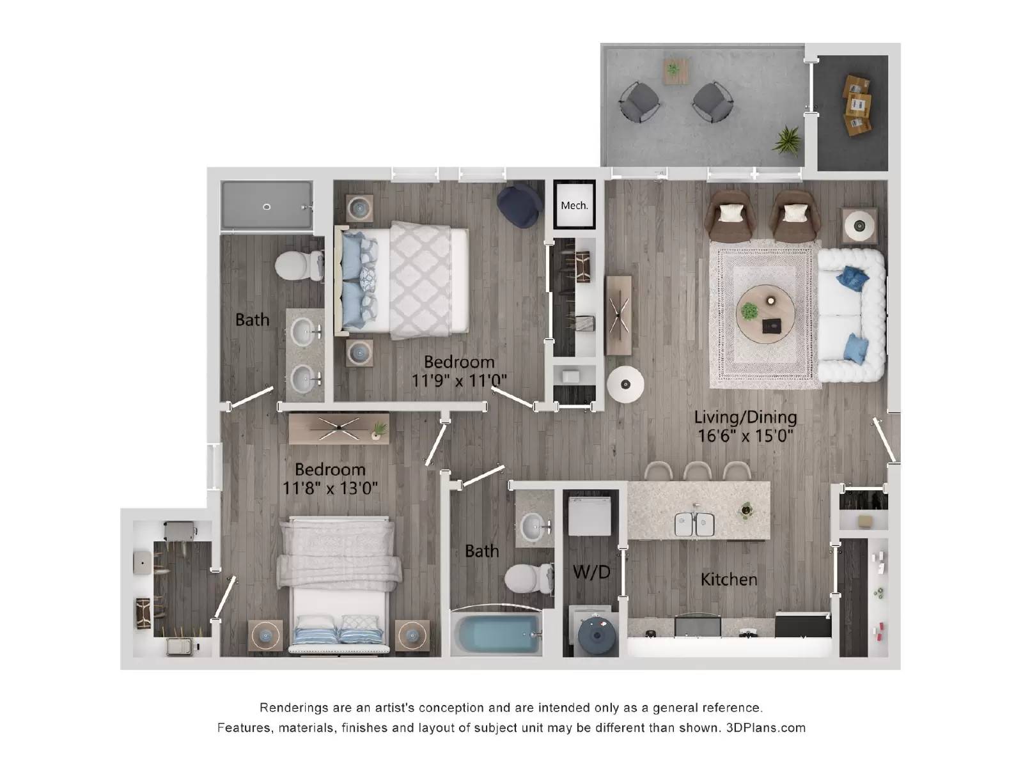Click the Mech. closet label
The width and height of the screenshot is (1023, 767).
pos(574,205)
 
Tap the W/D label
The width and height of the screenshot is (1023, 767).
pos(591,571)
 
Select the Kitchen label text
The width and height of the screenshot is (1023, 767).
pos(728,579)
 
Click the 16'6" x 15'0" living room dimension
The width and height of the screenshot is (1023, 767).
pos(746,437)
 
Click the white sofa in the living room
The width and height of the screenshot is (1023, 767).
pos(851,315)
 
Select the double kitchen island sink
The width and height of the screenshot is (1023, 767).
pos(694,523)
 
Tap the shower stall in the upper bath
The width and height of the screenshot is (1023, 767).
pos(267,206)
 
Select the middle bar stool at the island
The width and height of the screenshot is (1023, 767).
pos(697,471)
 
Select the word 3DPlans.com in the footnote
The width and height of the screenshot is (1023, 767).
pos(765,727)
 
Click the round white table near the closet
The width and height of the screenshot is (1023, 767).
pos(624,385)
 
